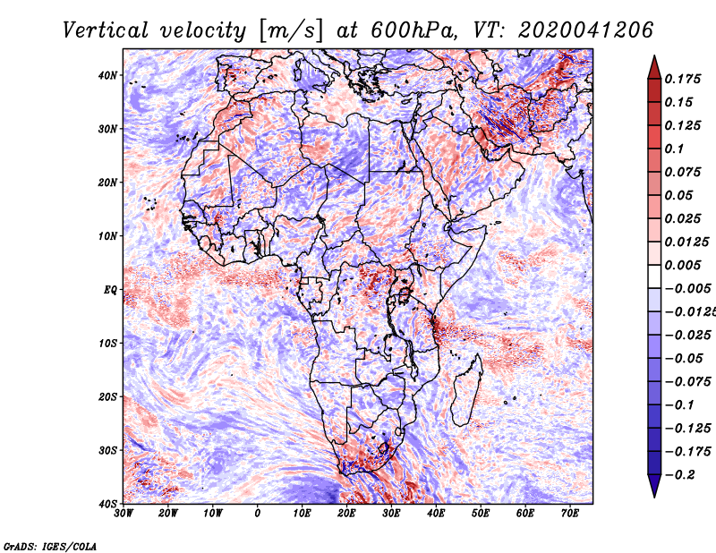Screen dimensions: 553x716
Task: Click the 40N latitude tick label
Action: (x=107, y=75)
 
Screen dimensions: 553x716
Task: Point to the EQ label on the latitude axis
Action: (x=110, y=290)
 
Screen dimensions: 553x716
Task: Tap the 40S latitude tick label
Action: (x=107, y=503)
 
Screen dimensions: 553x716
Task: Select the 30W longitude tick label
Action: (x=124, y=514)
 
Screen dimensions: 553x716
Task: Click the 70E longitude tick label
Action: (x=570, y=514)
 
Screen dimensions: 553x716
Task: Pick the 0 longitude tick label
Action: (x=258, y=514)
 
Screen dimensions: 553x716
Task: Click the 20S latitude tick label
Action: (x=107, y=396)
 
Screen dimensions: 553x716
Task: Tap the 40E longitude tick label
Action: (x=436, y=514)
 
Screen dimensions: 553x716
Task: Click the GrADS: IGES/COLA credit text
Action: (x=49, y=544)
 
